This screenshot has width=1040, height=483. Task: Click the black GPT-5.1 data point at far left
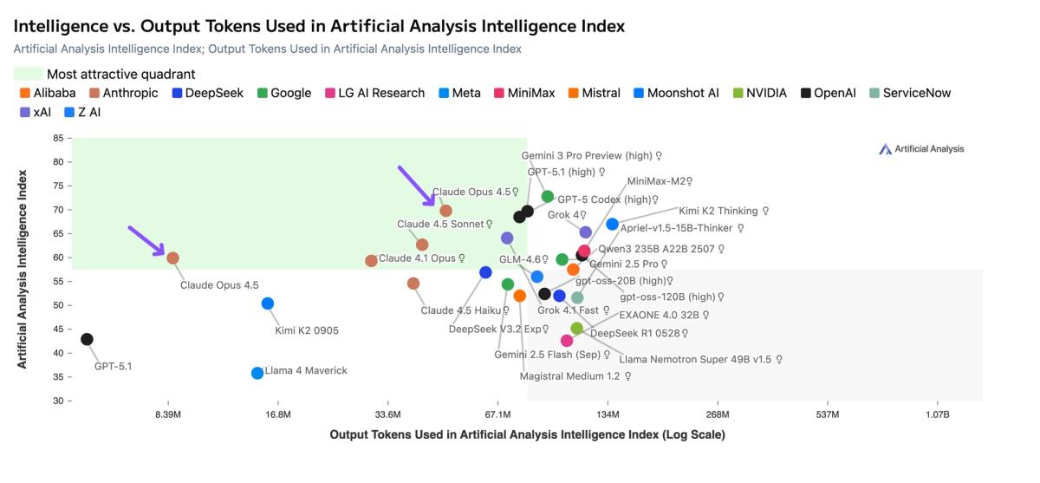pyautogui.click(x=87, y=339)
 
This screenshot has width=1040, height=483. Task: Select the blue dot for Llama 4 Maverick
pyautogui.click(x=257, y=373)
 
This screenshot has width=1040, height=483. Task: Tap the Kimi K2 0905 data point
pyautogui.click(x=268, y=304)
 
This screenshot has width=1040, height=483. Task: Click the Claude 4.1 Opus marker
pyautogui.click(x=372, y=260)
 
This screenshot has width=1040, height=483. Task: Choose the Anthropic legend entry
pyautogui.click(x=130, y=93)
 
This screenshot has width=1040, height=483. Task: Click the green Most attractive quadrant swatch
pyautogui.click(x=29, y=75)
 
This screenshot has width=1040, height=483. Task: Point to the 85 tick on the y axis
pyautogui.click(x=58, y=138)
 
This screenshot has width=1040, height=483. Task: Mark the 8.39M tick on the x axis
pyautogui.click(x=167, y=414)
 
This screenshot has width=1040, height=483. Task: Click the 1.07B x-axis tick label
pyautogui.click(x=937, y=414)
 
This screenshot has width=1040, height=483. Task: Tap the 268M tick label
pyautogui.click(x=718, y=414)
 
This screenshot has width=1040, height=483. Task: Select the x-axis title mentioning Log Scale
pyautogui.click(x=527, y=434)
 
